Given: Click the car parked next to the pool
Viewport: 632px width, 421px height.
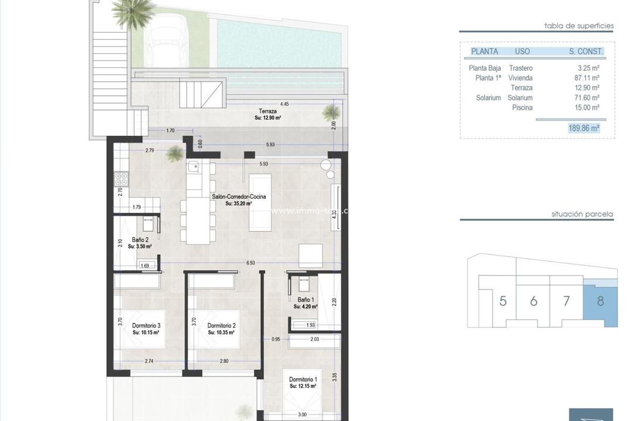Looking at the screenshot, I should pos(164,41).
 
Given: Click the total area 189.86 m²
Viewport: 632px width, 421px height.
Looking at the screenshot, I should pos(583,127).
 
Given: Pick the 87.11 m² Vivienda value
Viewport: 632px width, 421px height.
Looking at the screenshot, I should pos(587,78).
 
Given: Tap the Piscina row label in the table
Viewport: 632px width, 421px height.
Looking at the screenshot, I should pos(522,108).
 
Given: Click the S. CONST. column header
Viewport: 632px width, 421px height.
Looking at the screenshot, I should pos(586,51).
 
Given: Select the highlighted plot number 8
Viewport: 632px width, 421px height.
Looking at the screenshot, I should pos(600,302).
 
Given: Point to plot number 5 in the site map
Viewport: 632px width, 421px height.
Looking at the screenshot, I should pos(503,302).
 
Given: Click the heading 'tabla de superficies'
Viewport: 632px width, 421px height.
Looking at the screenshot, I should pos(578,26).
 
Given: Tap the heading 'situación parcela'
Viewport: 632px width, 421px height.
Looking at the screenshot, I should pos(582,214).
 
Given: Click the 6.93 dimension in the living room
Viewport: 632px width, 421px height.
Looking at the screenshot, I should pos(250,263).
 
